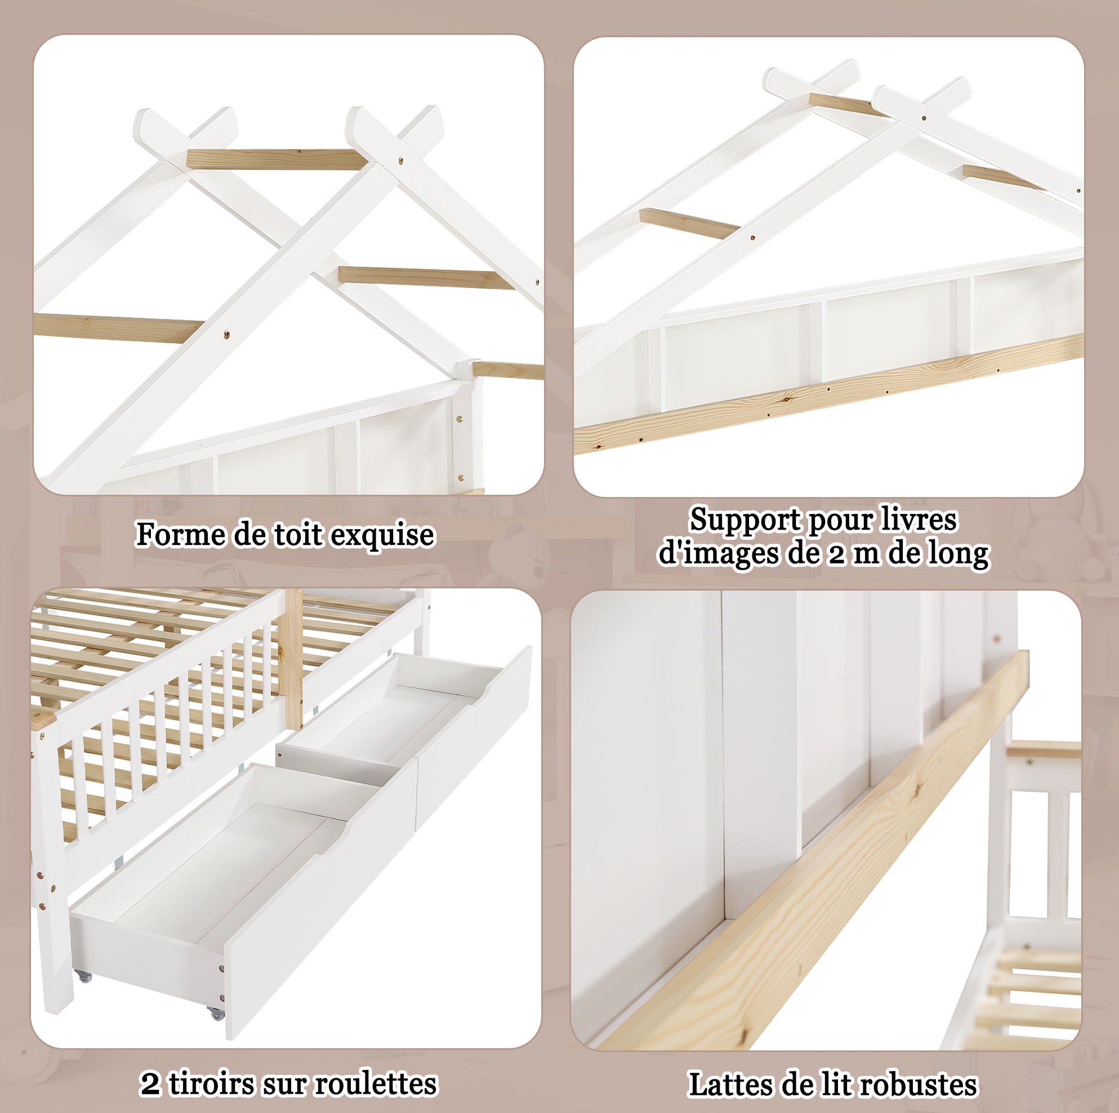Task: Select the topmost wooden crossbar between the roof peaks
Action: pos(276,158)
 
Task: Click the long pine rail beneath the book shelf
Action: pos(829,393)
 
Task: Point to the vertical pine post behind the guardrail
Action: pos(293,659)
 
